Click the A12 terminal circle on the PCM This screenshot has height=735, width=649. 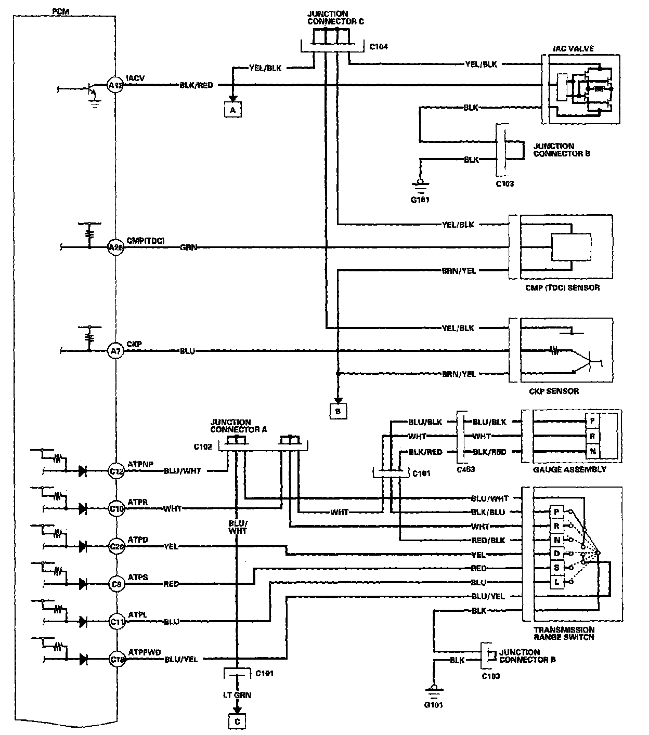114,85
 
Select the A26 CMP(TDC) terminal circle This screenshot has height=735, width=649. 115,248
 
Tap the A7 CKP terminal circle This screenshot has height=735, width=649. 115,351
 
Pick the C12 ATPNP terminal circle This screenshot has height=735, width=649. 116,471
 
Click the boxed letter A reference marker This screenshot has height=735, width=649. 233,110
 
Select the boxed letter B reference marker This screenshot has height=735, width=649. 338,411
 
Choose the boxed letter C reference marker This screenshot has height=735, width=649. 237,721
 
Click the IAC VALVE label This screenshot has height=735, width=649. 573,49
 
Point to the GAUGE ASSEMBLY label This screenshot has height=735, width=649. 569,469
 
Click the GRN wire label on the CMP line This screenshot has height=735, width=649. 189,248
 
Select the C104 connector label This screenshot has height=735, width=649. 379,47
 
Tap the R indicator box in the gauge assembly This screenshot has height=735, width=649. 592,436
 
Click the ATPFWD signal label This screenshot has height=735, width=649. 144,652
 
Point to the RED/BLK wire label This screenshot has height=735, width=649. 488,541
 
